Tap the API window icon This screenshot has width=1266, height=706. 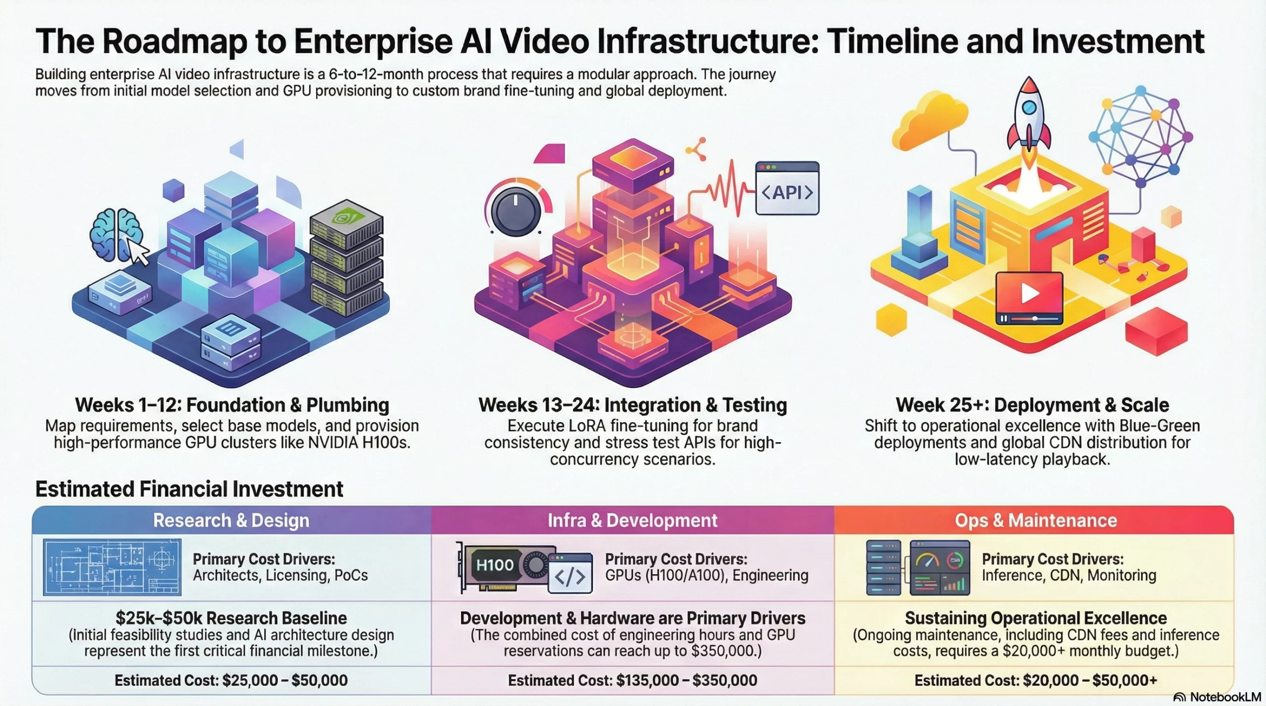click(787, 188)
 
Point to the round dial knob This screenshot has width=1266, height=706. click(516, 212)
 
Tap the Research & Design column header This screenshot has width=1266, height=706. click(231, 520)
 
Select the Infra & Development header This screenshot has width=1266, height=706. click(632, 520)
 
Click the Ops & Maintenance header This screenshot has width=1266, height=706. click(1036, 520)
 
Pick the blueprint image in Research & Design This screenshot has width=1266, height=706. click(112, 567)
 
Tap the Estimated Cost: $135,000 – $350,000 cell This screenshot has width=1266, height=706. click(632, 680)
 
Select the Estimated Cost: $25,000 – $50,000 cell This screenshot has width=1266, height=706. click(231, 680)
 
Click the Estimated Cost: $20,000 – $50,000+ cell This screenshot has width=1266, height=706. click(1036, 680)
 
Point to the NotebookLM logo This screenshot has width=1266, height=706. click(1217, 697)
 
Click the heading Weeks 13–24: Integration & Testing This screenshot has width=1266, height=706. click(632, 405)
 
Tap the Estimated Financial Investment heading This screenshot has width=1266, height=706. click(189, 489)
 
